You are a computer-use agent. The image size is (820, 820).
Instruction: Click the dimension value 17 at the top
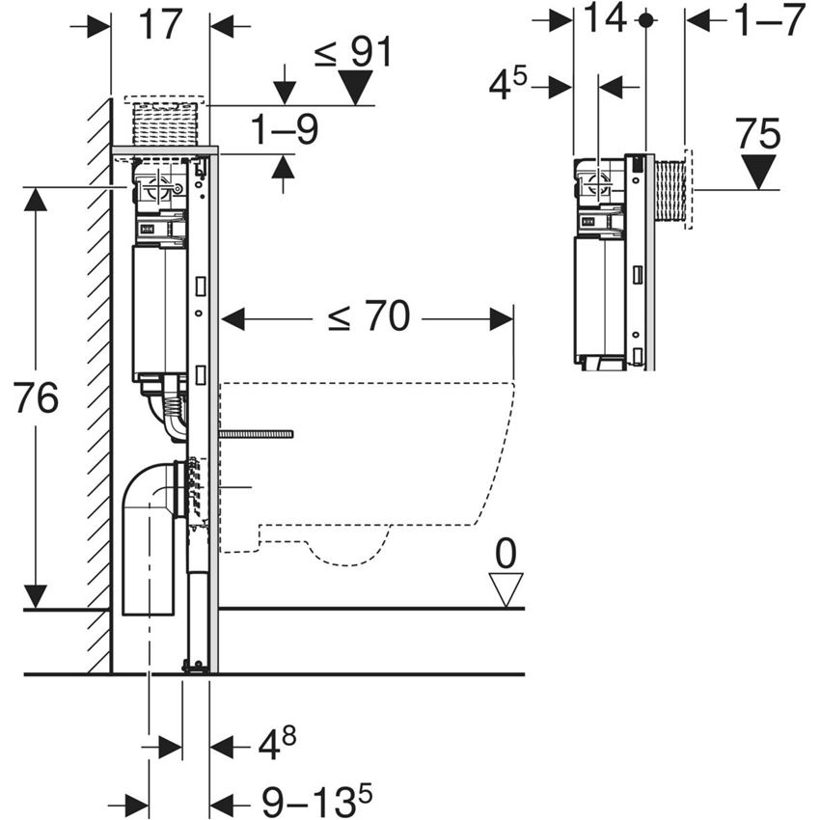pyautogui.click(x=160, y=24)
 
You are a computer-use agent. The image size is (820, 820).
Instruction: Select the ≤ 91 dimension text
pyautogui.click(x=353, y=53)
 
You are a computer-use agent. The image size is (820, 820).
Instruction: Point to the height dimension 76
pyautogui.click(x=37, y=397)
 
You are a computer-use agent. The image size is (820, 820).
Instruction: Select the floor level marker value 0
pyautogui.click(x=506, y=554)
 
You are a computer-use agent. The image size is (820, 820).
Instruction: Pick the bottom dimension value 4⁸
pyautogui.click(x=275, y=744)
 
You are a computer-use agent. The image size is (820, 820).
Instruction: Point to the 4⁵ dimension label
pyautogui.click(x=507, y=86)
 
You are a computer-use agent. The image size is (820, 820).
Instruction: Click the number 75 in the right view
pyautogui.click(x=758, y=134)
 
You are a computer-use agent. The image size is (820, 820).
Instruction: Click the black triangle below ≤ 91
pyautogui.click(x=355, y=90)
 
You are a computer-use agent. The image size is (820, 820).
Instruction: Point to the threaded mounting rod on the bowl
pyautogui.click(x=256, y=435)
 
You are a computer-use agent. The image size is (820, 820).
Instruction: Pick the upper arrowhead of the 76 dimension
pyautogui.click(x=36, y=198)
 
